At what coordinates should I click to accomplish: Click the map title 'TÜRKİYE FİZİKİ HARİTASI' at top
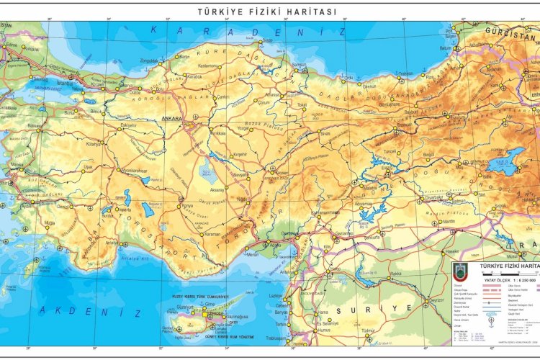click(x=267, y=12)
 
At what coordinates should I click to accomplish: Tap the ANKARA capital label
click(x=173, y=118)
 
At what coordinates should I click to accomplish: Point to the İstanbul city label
click(x=66, y=83)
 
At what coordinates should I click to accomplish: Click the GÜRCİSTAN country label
click(x=506, y=32)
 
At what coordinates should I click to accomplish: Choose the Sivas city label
click(x=325, y=133)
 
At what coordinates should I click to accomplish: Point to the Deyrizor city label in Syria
click(x=436, y=300)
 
